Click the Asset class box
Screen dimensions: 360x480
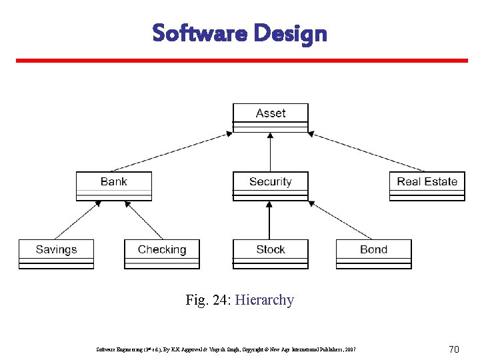point(270,118)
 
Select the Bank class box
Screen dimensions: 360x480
point(114,186)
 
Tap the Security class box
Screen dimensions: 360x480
point(270,186)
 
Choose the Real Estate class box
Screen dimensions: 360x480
point(427,186)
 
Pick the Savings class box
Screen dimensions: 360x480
point(57,254)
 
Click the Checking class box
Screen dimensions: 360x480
point(162,254)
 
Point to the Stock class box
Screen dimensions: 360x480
point(270,254)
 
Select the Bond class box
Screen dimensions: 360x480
point(373,254)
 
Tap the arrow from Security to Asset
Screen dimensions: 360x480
point(270,152)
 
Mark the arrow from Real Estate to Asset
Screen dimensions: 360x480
point(367,152)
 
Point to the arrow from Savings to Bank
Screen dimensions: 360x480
point(78,220)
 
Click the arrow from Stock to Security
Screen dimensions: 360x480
point(270,220)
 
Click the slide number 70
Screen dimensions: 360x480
point(455,349)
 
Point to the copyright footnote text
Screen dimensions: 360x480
point(226,349)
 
